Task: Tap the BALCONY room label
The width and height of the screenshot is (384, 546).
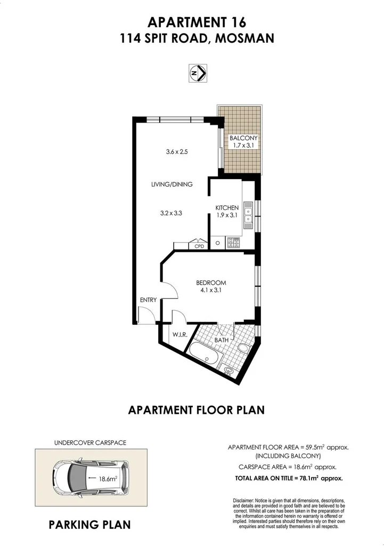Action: coord(243,138)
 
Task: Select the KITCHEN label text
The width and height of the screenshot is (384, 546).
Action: coord(226,207)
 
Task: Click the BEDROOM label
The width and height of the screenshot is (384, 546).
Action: coord(211,283)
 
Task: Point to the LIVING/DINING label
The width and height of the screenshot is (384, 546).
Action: coord(171,184)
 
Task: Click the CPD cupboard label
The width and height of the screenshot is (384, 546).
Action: coord(199,246)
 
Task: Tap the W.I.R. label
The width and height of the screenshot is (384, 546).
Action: coord(178,335)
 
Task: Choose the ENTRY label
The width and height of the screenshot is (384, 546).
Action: coord(148,300)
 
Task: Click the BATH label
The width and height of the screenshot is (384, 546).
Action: coord(221,340)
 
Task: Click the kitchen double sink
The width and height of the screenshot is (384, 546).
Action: coord(248,214)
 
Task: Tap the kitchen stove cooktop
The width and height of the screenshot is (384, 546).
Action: coord(233,243)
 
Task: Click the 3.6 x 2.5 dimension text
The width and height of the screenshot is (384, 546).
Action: coord(177,152)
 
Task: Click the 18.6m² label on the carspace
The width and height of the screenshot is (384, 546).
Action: coord(108,479)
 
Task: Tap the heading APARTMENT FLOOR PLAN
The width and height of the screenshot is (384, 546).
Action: coord(197,410)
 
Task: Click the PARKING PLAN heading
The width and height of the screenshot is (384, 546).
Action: coord(89,525)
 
